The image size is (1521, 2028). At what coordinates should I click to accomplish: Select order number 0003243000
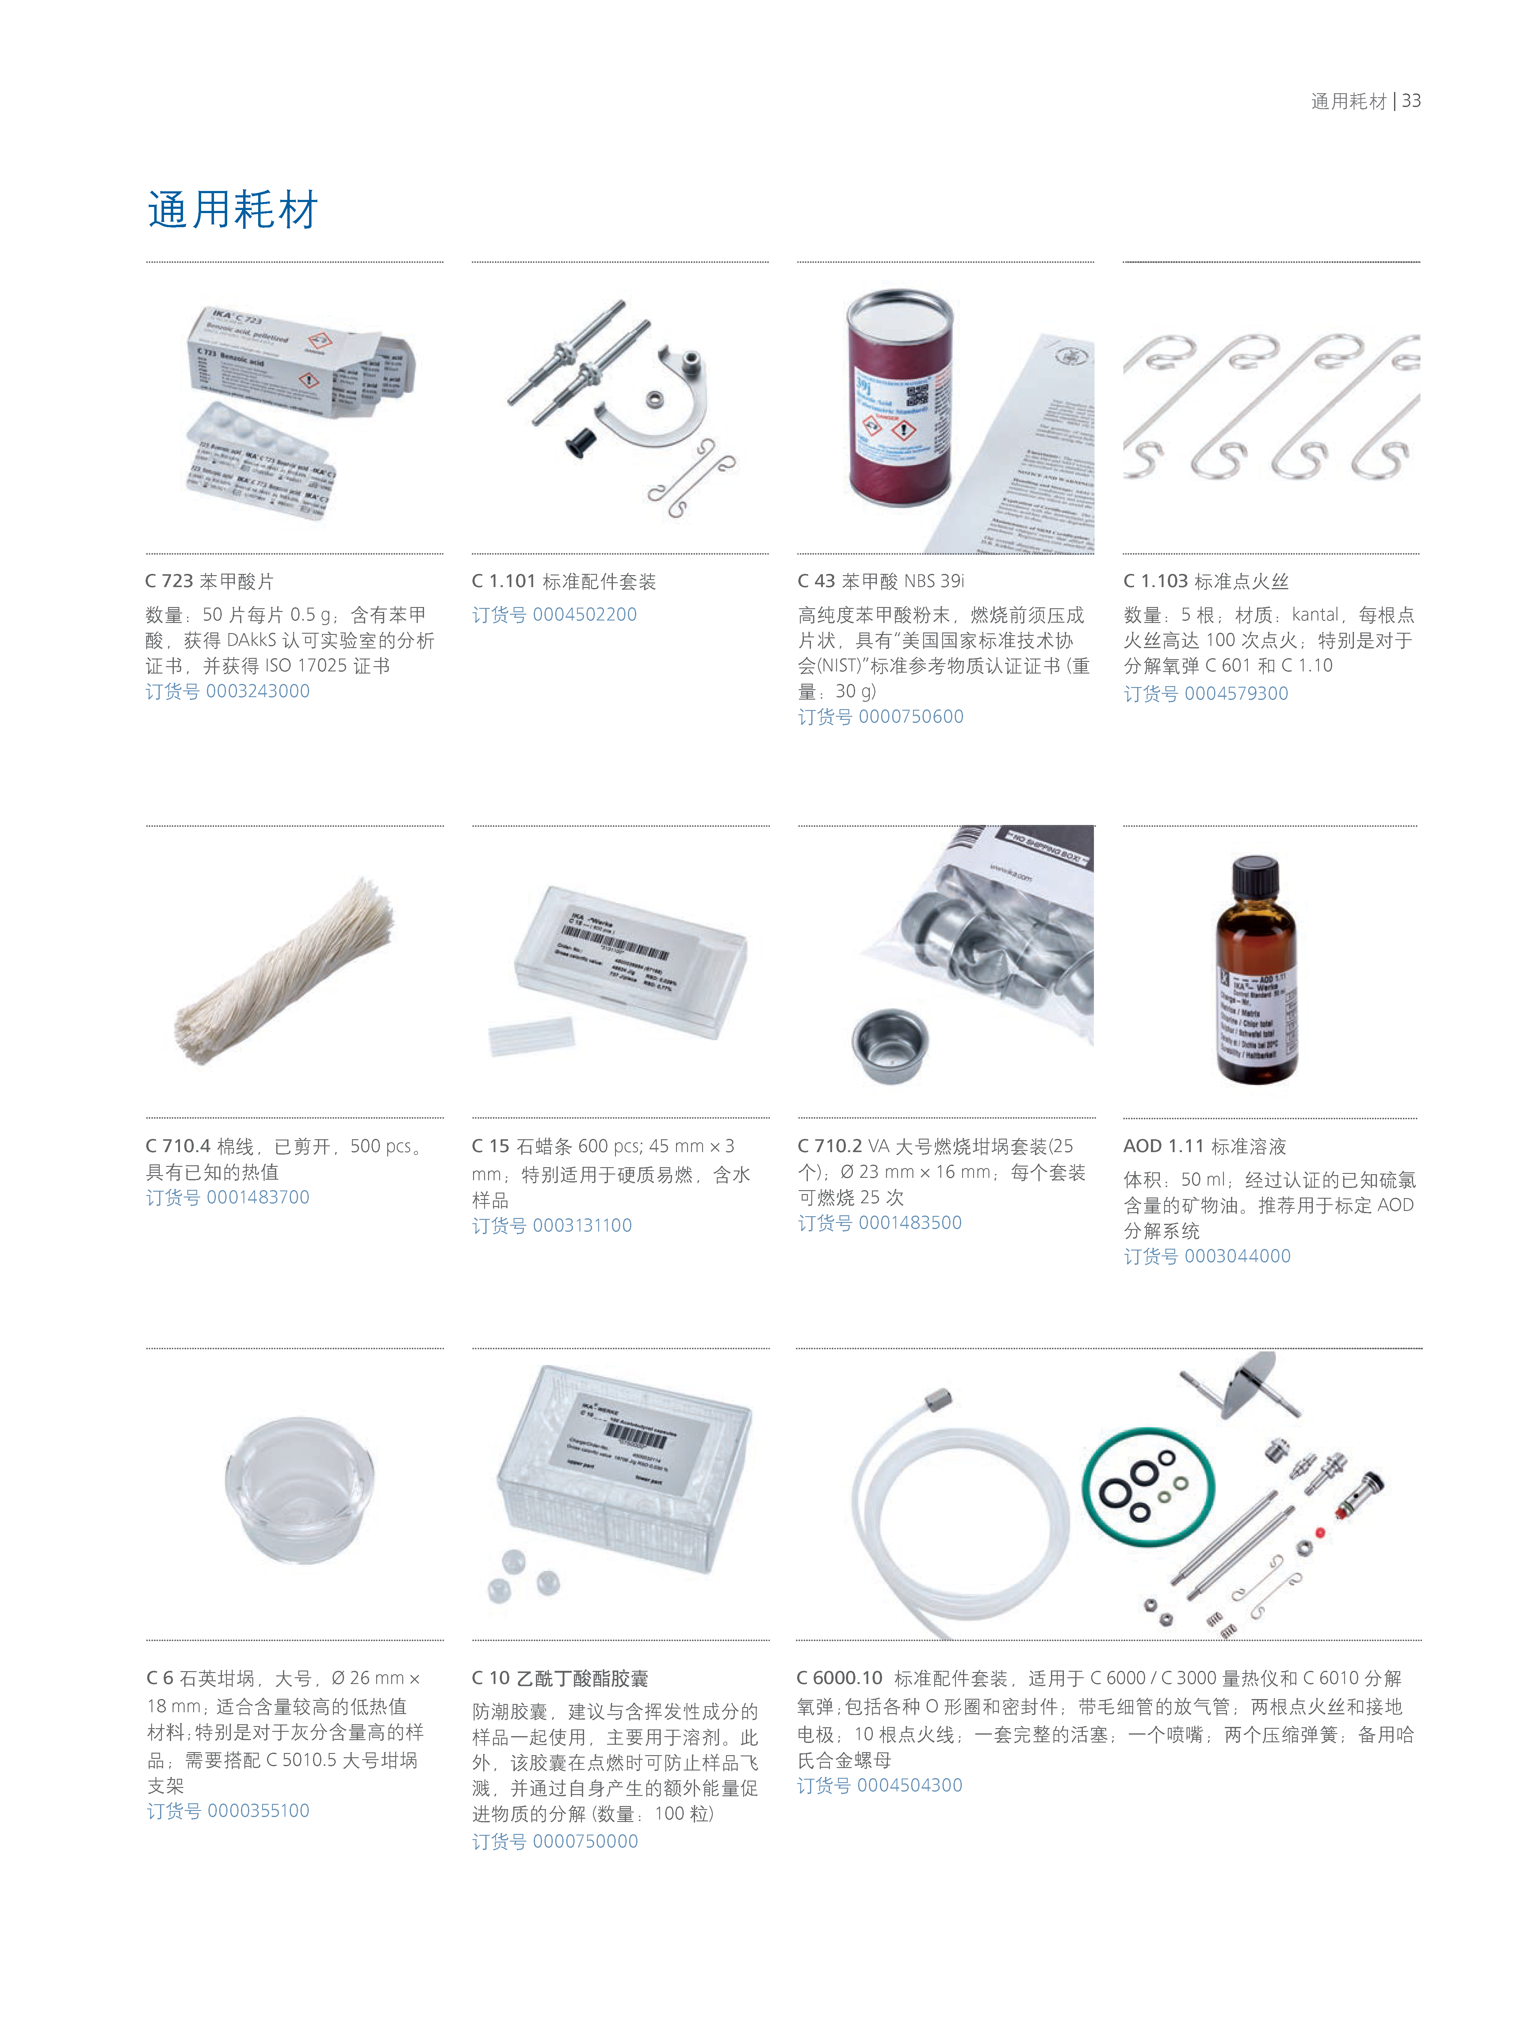[x=227, y=691]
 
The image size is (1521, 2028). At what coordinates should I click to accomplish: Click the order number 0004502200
[x=554, y=614]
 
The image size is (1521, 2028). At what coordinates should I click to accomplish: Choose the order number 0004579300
[x=1206, y=693]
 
